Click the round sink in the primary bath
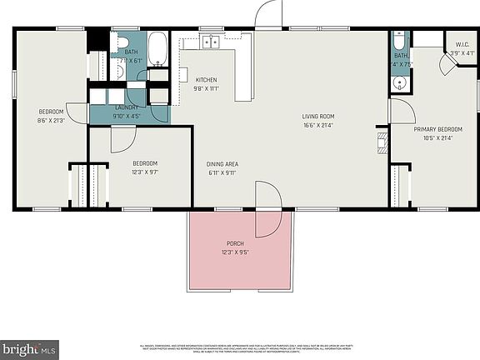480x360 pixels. pyautogui.click(x=399, y=82)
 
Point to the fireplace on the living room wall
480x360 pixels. pyautogui.click(x=382, y=141)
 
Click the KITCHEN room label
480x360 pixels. pyautogui.click(x=206, y=80)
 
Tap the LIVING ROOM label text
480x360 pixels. pyautogui.click(x=317, y=116)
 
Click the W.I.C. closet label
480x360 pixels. pyautogui.click(x=462, y=44)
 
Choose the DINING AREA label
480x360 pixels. pyautogui.click(x=222, y=164)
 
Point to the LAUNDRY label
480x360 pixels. pyautogui.click(x=127, y=107)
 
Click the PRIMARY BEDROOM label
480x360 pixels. pyautogui.click(x=437, y=130)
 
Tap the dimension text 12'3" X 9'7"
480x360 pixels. pyautogui.click(x=145, y=172)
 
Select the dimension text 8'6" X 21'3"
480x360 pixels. pyautogui.click(x=51, y=120)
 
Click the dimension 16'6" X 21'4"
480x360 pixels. pyautogui.click(x=317, y=125)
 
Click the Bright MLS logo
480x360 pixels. pyautogui.click(x=30, y=346)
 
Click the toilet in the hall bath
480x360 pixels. pyautogui.click(x=122, y=42)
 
